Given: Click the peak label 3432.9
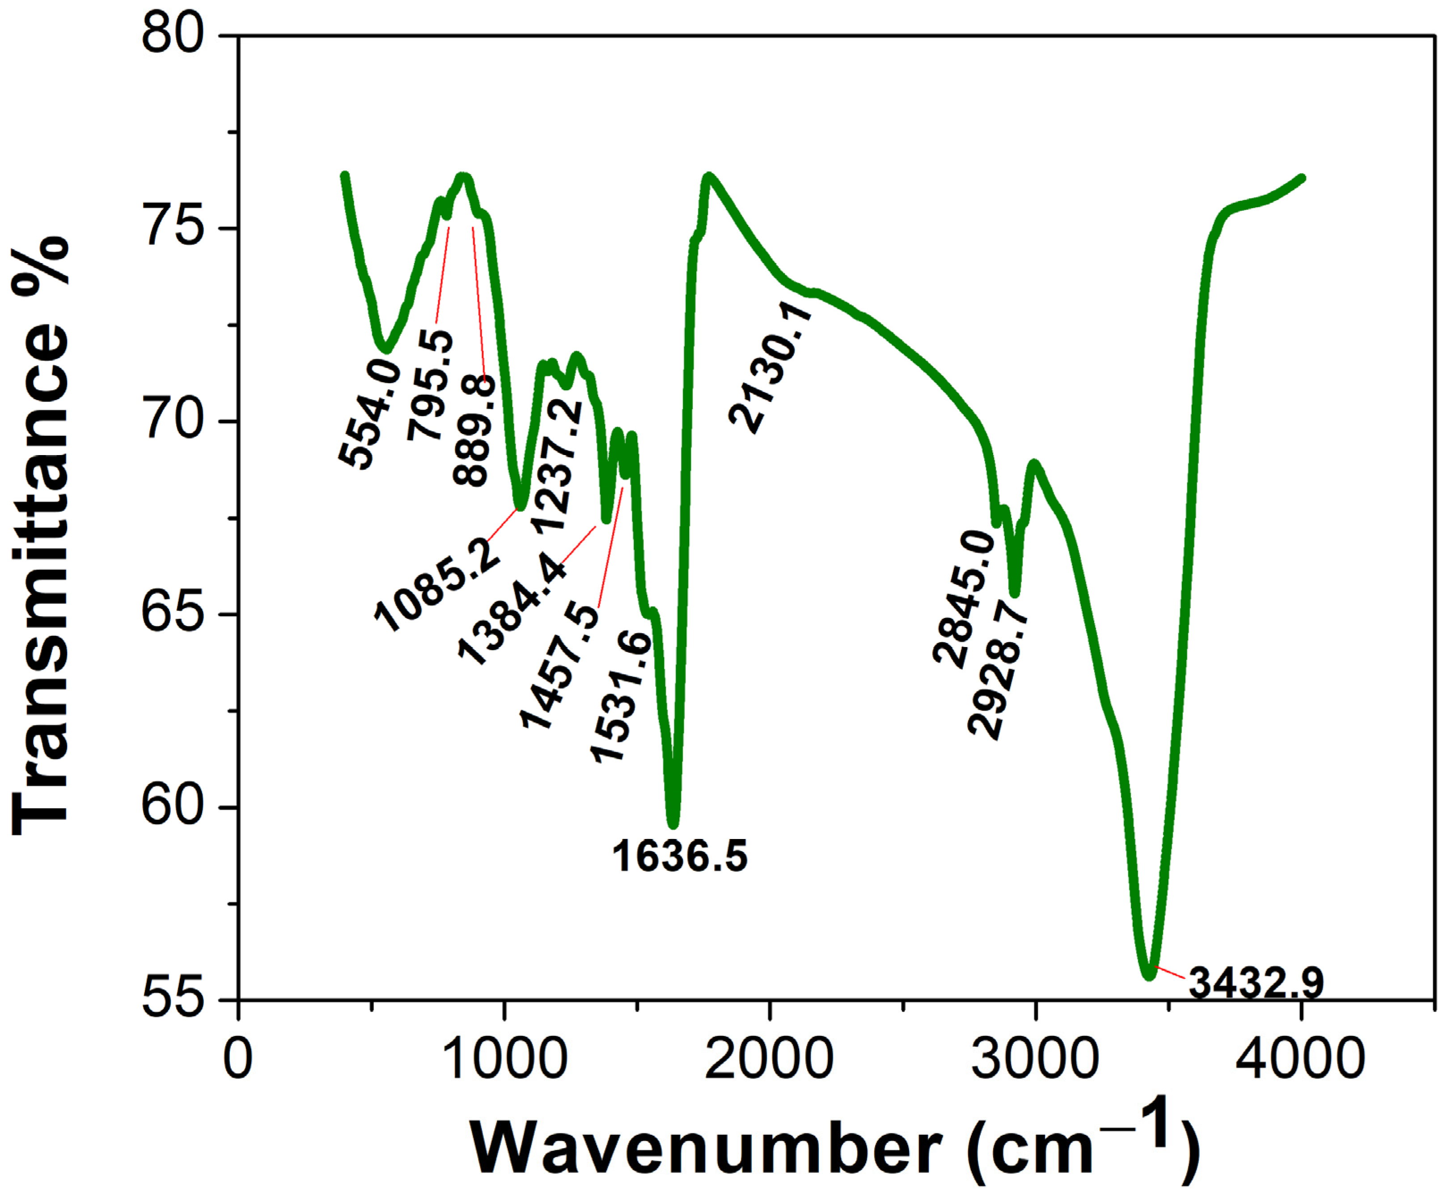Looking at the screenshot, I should pyautogui.click(x=1256, y=982).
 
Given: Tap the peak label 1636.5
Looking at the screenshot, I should pyautogui.click(x=679, y=857).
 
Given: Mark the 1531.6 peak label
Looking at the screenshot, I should pyautogui.click(x=620, y=696).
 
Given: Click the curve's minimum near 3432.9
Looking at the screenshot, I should pyautogui.click(x=1148, y=974).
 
